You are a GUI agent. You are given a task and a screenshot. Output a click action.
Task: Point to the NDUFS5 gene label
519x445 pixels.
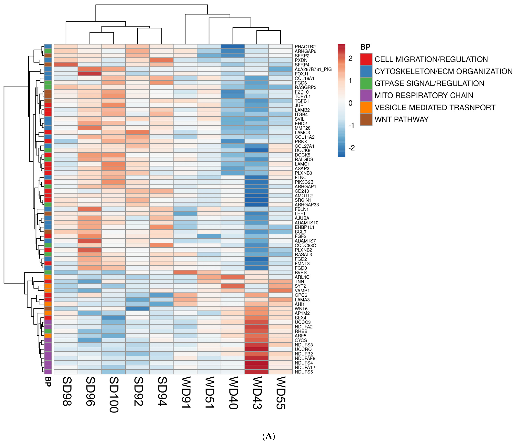304,372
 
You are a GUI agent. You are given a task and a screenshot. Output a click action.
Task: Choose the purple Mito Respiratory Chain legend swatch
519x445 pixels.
366,95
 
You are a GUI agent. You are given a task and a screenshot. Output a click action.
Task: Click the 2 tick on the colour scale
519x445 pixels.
350,59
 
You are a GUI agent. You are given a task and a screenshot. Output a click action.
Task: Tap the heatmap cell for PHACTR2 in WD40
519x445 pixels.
233,47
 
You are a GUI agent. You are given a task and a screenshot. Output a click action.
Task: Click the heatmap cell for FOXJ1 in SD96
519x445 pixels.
90,74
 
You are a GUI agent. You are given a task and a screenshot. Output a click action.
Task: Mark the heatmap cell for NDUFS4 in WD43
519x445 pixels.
257,363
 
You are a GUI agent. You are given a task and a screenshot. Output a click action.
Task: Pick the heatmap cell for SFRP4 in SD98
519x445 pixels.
66,65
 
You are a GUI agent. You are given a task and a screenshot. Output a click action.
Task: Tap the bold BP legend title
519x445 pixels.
365,47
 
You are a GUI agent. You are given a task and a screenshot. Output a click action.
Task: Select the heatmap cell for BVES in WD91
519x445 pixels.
185,272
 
